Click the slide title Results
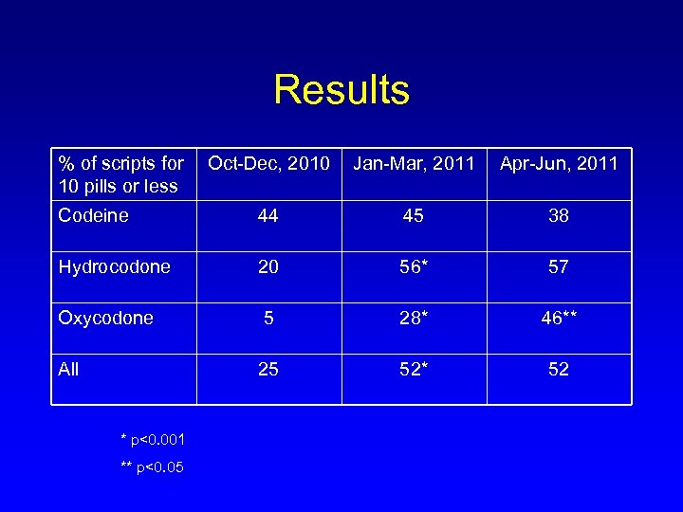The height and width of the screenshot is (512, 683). pyautogui.click(x=341, y=90)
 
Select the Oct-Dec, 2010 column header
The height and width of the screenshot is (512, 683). pyautogui.click(x=268, y=164)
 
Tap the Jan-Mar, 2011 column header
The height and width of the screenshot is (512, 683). pyautogui.click(x=414, y=164)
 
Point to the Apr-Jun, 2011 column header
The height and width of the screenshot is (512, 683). pyautogui.click(x=559, y=164)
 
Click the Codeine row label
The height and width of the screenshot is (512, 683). pyautogui.click(x=93, y=215)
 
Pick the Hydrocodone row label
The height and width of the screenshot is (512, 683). pyautogui.click(x=115, y=267)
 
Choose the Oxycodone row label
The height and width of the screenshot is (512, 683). pyautogui.click(x=105, y=319)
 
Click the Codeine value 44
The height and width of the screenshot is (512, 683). pyautogui.click(x=268, y=216)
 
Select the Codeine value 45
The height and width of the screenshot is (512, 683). pyautogui.click(x=414, y=216)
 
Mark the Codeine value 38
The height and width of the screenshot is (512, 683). pyautogui.click(x=559, y=216)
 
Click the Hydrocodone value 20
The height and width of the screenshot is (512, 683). pyautogui.click(x=268, y=267)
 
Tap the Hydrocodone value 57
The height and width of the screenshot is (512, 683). pyautogui.click(x=559, y=267)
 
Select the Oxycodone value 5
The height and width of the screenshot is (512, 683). pyautogui.click(x=268, y=319)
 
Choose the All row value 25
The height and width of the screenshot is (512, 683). pyautogui.click(x=268, y=370)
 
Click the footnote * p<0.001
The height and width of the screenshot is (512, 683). pyautogui.click(x=154, y=439)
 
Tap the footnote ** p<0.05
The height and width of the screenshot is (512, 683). pyautogui.click(x=153, y=467)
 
